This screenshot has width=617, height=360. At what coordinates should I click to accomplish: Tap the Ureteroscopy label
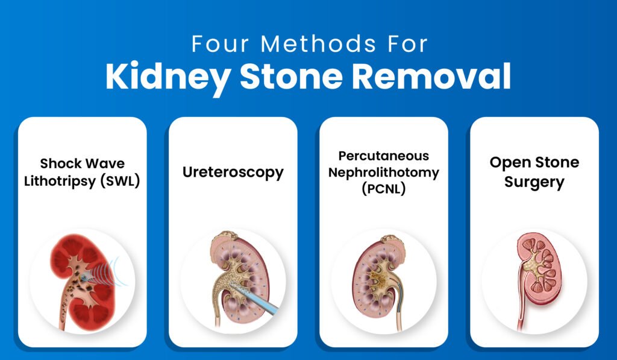[x=233, y=172]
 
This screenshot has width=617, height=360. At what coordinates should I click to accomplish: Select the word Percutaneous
[x=383, y=156]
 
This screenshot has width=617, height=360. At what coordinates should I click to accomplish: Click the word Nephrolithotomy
[x=383, y=172]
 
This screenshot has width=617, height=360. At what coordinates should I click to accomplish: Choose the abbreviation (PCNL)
[x=383, y=188]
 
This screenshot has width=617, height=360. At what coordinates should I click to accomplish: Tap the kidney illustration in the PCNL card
[x=381, y=277]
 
